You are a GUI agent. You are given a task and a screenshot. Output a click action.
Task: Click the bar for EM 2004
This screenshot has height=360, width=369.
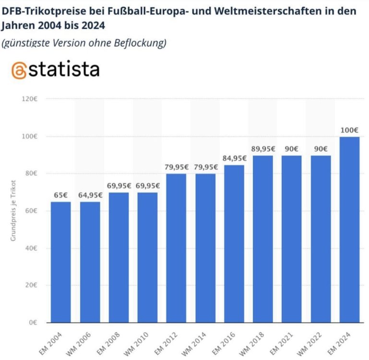[61, 262]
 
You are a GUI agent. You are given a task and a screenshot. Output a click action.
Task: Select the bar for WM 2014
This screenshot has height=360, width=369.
[205, 248]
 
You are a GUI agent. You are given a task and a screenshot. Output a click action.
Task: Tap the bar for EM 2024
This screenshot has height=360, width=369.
[349, 229]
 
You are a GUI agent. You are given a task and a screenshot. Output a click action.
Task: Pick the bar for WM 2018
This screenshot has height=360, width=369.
[263, 239]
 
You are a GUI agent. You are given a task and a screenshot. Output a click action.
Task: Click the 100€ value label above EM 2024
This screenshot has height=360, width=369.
[349, 130]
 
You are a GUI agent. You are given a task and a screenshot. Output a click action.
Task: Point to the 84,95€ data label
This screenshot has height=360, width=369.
[234, 158]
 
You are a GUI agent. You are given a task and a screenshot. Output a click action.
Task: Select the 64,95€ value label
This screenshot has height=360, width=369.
[90, 195]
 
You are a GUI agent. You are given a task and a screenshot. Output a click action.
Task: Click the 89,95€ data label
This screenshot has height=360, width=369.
[263, 148]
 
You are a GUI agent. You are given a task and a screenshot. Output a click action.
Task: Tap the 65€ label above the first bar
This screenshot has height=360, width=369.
[61, 195]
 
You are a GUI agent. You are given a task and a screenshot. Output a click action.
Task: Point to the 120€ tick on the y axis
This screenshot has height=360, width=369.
[30, 99]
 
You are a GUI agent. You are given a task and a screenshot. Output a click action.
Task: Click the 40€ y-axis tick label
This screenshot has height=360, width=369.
[31, 248]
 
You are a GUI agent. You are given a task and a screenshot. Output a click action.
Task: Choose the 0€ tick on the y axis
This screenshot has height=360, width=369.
[33, 323]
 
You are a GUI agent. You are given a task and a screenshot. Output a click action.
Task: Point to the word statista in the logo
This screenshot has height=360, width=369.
[66, 70]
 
